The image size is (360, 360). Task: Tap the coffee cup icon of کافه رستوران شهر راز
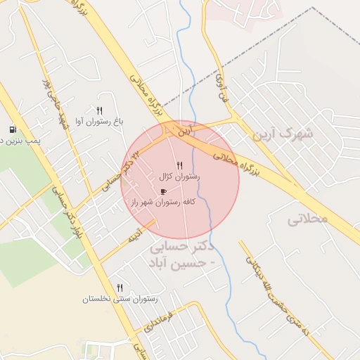(x=164, y=191)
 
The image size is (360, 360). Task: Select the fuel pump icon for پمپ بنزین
(x=13, y=129)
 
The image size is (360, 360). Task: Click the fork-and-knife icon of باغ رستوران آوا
(x=99, y=110)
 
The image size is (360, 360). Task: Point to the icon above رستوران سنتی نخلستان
(x=120, y=288)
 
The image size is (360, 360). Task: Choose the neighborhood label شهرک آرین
(x=285, y=133)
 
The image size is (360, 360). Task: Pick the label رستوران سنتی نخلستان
(x=120, y=299)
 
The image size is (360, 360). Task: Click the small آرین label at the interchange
(x=184, y=131)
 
